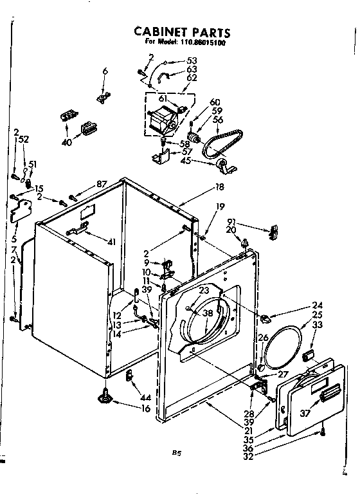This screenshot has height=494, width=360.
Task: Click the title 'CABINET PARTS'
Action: coord(181,32)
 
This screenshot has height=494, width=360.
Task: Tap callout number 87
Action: coord(101,185)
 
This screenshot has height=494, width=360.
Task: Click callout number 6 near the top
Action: coord(105,71)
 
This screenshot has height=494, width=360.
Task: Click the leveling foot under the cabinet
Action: coord(103,396)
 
